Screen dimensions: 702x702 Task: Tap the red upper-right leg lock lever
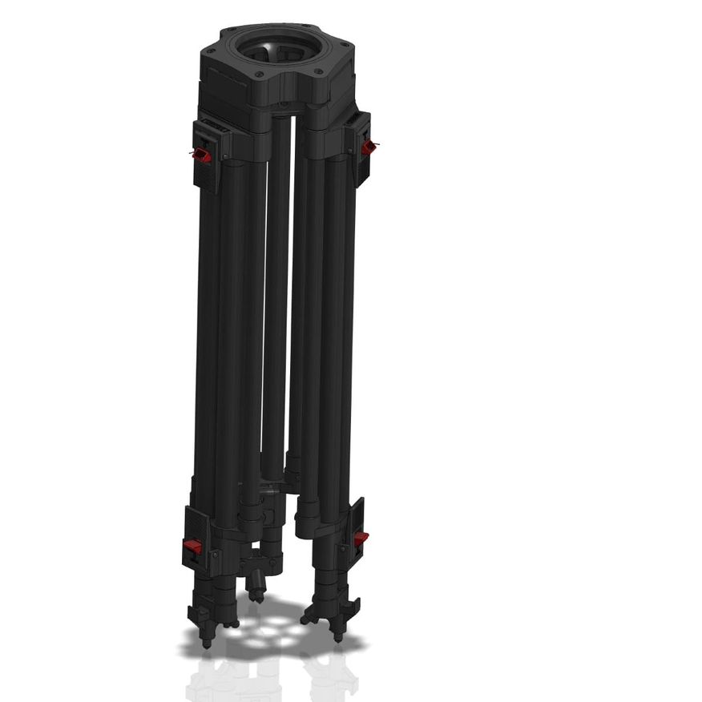(x=369, y=147)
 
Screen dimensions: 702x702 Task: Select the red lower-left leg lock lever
(x=192, y=546)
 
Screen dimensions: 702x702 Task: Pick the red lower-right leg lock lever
(x=361, y=538)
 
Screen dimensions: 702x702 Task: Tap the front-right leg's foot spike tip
(x=337, y=638)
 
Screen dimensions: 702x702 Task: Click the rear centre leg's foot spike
(x=256, y=597)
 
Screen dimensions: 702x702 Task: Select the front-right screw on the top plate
(x=318, y=72)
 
